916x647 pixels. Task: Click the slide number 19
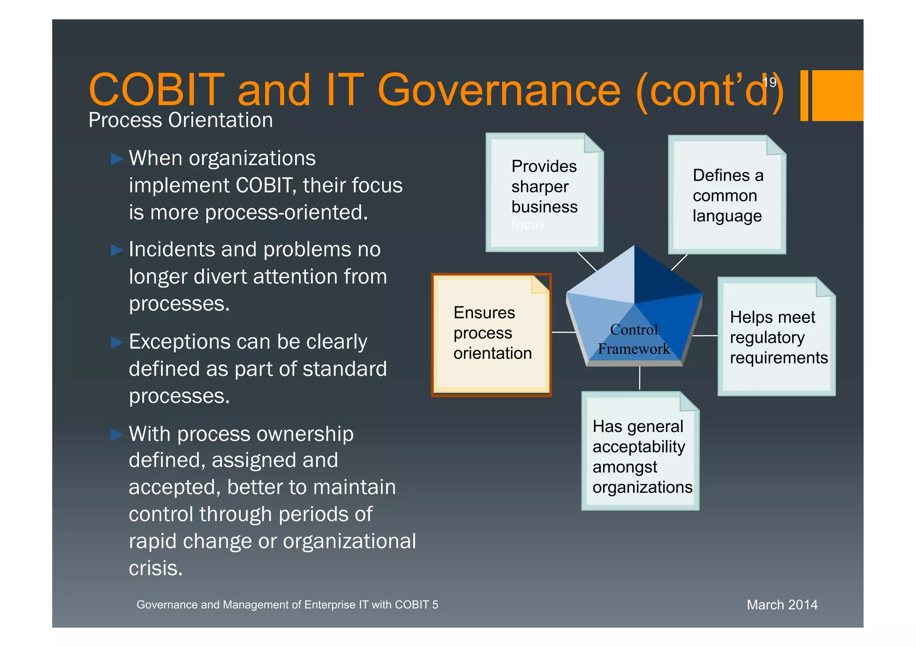point(770,82)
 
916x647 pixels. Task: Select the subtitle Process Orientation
point(180,120)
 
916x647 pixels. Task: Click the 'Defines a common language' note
point(727,195)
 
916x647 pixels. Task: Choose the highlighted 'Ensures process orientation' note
point(491,334)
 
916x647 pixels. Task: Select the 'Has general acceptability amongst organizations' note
point(640,456)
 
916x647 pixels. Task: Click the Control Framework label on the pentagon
point(634,339)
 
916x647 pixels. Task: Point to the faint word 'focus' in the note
point(528,224)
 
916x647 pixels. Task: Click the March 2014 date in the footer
point(782,605)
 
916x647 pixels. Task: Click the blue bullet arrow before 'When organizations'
point(116,159)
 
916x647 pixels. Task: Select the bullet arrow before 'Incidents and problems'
point(116,250)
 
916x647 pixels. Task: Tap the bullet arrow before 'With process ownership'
point(116,435)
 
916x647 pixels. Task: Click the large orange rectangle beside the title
point(837,95)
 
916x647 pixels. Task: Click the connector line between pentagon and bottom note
point(640,378)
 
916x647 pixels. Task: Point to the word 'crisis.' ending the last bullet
point(156,569)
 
